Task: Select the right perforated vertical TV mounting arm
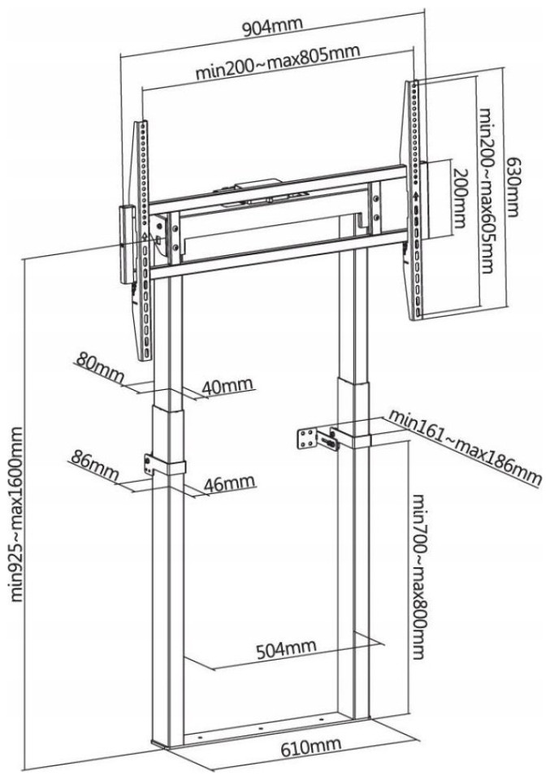point(415,199)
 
